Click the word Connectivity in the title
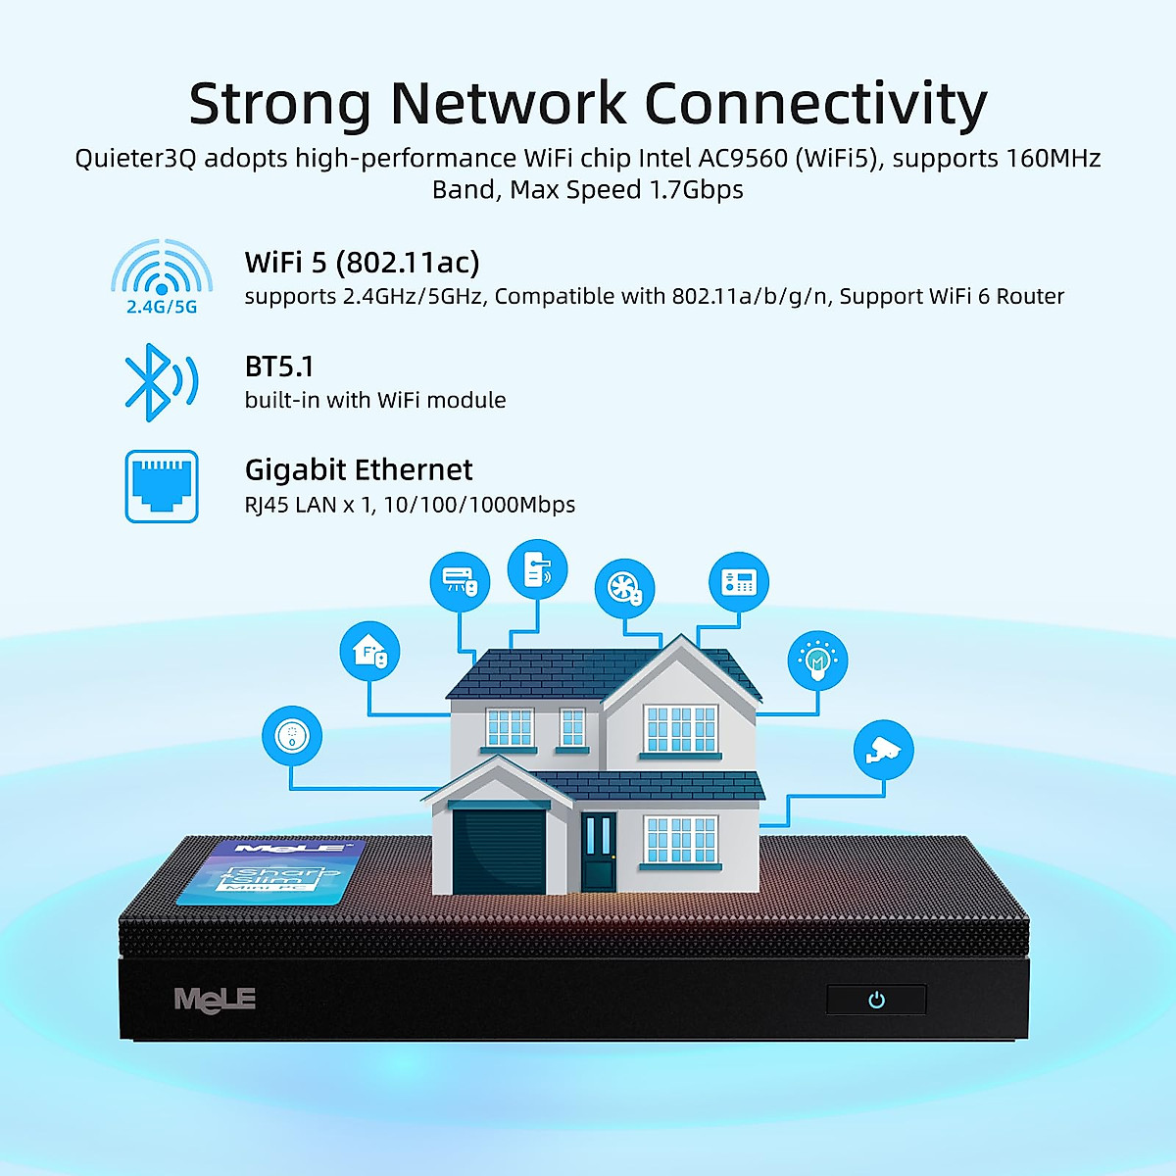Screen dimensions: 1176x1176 point(815,104)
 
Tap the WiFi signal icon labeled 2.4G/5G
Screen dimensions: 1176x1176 point(162,271)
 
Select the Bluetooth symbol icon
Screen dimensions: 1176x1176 point(157,382)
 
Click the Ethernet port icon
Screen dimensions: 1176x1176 point(162,486)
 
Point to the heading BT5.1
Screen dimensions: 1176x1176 point(279,367)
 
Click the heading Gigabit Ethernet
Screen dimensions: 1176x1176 point(359,470)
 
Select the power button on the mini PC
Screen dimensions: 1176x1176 point(876,1000)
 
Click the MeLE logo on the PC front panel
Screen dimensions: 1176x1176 point(215,999)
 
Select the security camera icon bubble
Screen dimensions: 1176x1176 point(883,751)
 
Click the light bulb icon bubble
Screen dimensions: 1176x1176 point(817,660)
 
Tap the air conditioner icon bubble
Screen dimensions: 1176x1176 point(460,582)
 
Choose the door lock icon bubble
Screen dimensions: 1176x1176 point(537,569)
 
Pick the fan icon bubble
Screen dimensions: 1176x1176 point(624,589)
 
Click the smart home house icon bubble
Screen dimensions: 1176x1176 point(369,652)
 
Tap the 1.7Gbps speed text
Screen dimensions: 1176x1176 point(697,189)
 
